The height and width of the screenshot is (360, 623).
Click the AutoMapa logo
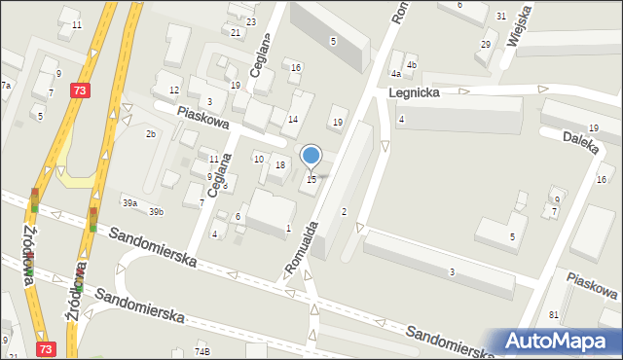click(559, 341)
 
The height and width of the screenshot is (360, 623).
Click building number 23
click(251, 21)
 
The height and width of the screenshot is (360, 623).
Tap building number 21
click(236, 32)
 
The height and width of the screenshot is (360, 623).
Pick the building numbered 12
click(174, 90)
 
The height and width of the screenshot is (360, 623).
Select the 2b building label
click(151, 133)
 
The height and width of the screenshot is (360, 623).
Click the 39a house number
click(129, 202)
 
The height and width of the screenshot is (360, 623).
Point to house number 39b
click(156, 211)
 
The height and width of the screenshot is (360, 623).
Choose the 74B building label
click(202, 351)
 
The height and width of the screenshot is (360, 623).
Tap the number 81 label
click(553, 314)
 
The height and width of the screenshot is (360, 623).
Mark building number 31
click(500, 17)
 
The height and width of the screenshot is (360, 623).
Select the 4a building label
click(395, 73)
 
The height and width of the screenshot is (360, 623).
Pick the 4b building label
click(412, 65)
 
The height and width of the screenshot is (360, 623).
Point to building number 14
click(293, 119)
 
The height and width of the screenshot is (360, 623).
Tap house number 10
click(258, 159)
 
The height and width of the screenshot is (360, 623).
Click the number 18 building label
click(280, 165)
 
